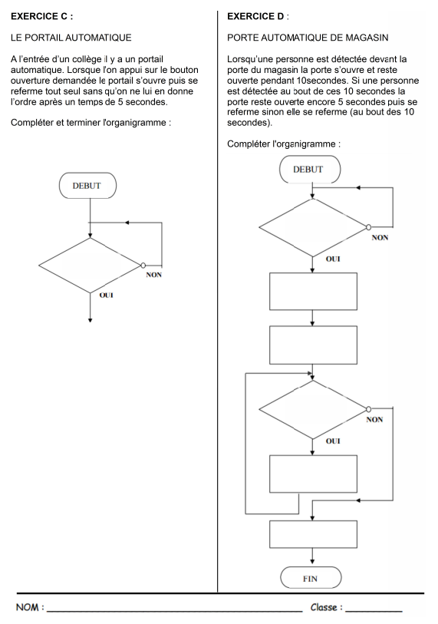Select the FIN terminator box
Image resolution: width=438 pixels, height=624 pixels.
[311, 579]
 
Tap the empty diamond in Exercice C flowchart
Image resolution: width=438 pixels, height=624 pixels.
[91, 266]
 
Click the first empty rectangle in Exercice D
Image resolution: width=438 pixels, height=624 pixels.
[313, 292]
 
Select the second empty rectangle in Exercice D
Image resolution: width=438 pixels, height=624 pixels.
[313, 345]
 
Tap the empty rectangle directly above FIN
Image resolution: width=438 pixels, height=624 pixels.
[313, 534]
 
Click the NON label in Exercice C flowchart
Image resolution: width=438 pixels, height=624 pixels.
[154, 275]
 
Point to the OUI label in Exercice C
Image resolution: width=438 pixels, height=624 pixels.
[107, 295]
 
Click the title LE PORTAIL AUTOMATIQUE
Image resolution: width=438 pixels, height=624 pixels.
[71, 37]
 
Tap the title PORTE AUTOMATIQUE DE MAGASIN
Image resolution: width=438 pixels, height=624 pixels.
[308, 37]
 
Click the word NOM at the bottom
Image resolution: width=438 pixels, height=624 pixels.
[28, 608]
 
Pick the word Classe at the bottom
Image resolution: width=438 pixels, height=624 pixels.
[325, 607]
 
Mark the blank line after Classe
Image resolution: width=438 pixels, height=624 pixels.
[374, 610]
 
